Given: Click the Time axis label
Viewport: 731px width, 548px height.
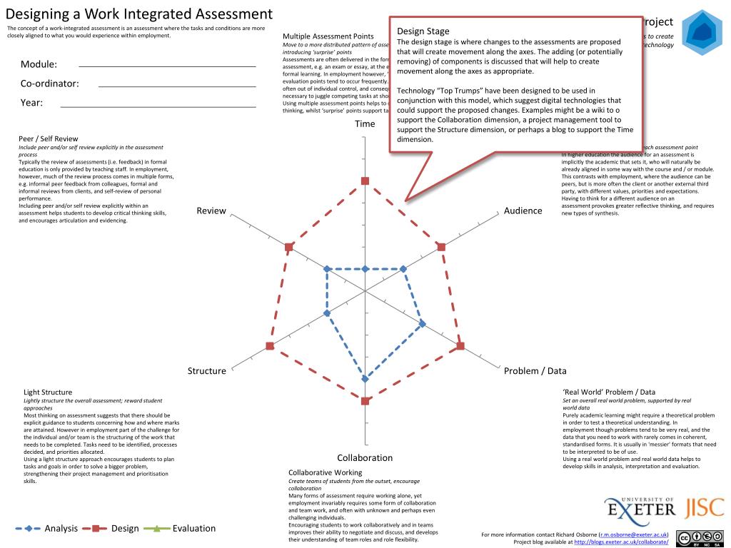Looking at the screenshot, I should coord(365,123).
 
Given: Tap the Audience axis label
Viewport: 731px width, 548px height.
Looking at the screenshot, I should coord(523,210).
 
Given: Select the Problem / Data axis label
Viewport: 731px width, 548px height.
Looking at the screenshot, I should coord(535,370).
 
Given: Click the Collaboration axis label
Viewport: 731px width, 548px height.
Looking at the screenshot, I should coord(365,457).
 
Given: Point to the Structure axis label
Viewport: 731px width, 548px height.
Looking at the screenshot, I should coord(206,370).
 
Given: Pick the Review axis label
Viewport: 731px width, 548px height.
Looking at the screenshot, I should coord(211,210).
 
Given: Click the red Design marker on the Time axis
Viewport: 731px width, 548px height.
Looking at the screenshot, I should coord(365,181).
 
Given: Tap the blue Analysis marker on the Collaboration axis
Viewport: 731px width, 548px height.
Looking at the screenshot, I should coord(365,378).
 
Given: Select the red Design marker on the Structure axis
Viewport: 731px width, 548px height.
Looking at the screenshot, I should coord(269,346).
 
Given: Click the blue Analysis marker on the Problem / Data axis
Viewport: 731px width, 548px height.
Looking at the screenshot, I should coord(422,324).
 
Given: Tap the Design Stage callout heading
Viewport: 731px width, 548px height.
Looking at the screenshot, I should coord(423,31).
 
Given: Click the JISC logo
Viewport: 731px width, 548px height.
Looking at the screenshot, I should coord(705,508).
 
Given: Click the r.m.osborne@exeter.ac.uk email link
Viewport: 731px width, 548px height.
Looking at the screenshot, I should coord(633,534).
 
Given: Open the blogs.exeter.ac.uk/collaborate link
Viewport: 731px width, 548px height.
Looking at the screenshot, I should coord(621,542).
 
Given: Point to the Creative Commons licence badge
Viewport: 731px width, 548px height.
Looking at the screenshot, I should coord(701,538).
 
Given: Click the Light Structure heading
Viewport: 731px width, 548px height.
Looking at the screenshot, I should coord(48,392).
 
